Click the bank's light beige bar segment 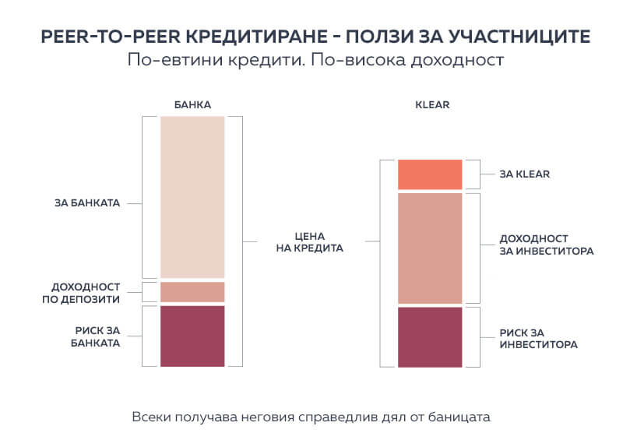(x=192, y=196)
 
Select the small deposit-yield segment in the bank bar (x=192, y=292)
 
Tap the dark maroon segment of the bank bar (x=192, y=336)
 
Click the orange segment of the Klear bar (x=430, y=174)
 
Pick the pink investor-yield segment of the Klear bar (x=430, y=248)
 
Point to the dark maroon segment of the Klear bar (x=430, y=336)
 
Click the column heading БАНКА (x=192, y=104)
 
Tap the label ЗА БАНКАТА (x=87, y=203)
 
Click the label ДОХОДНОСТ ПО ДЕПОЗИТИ (x=86, y=292)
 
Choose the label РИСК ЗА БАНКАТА (x=92, y=336)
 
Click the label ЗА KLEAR (x=525, y=174)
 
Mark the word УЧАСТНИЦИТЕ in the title (x=514, y=36)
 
